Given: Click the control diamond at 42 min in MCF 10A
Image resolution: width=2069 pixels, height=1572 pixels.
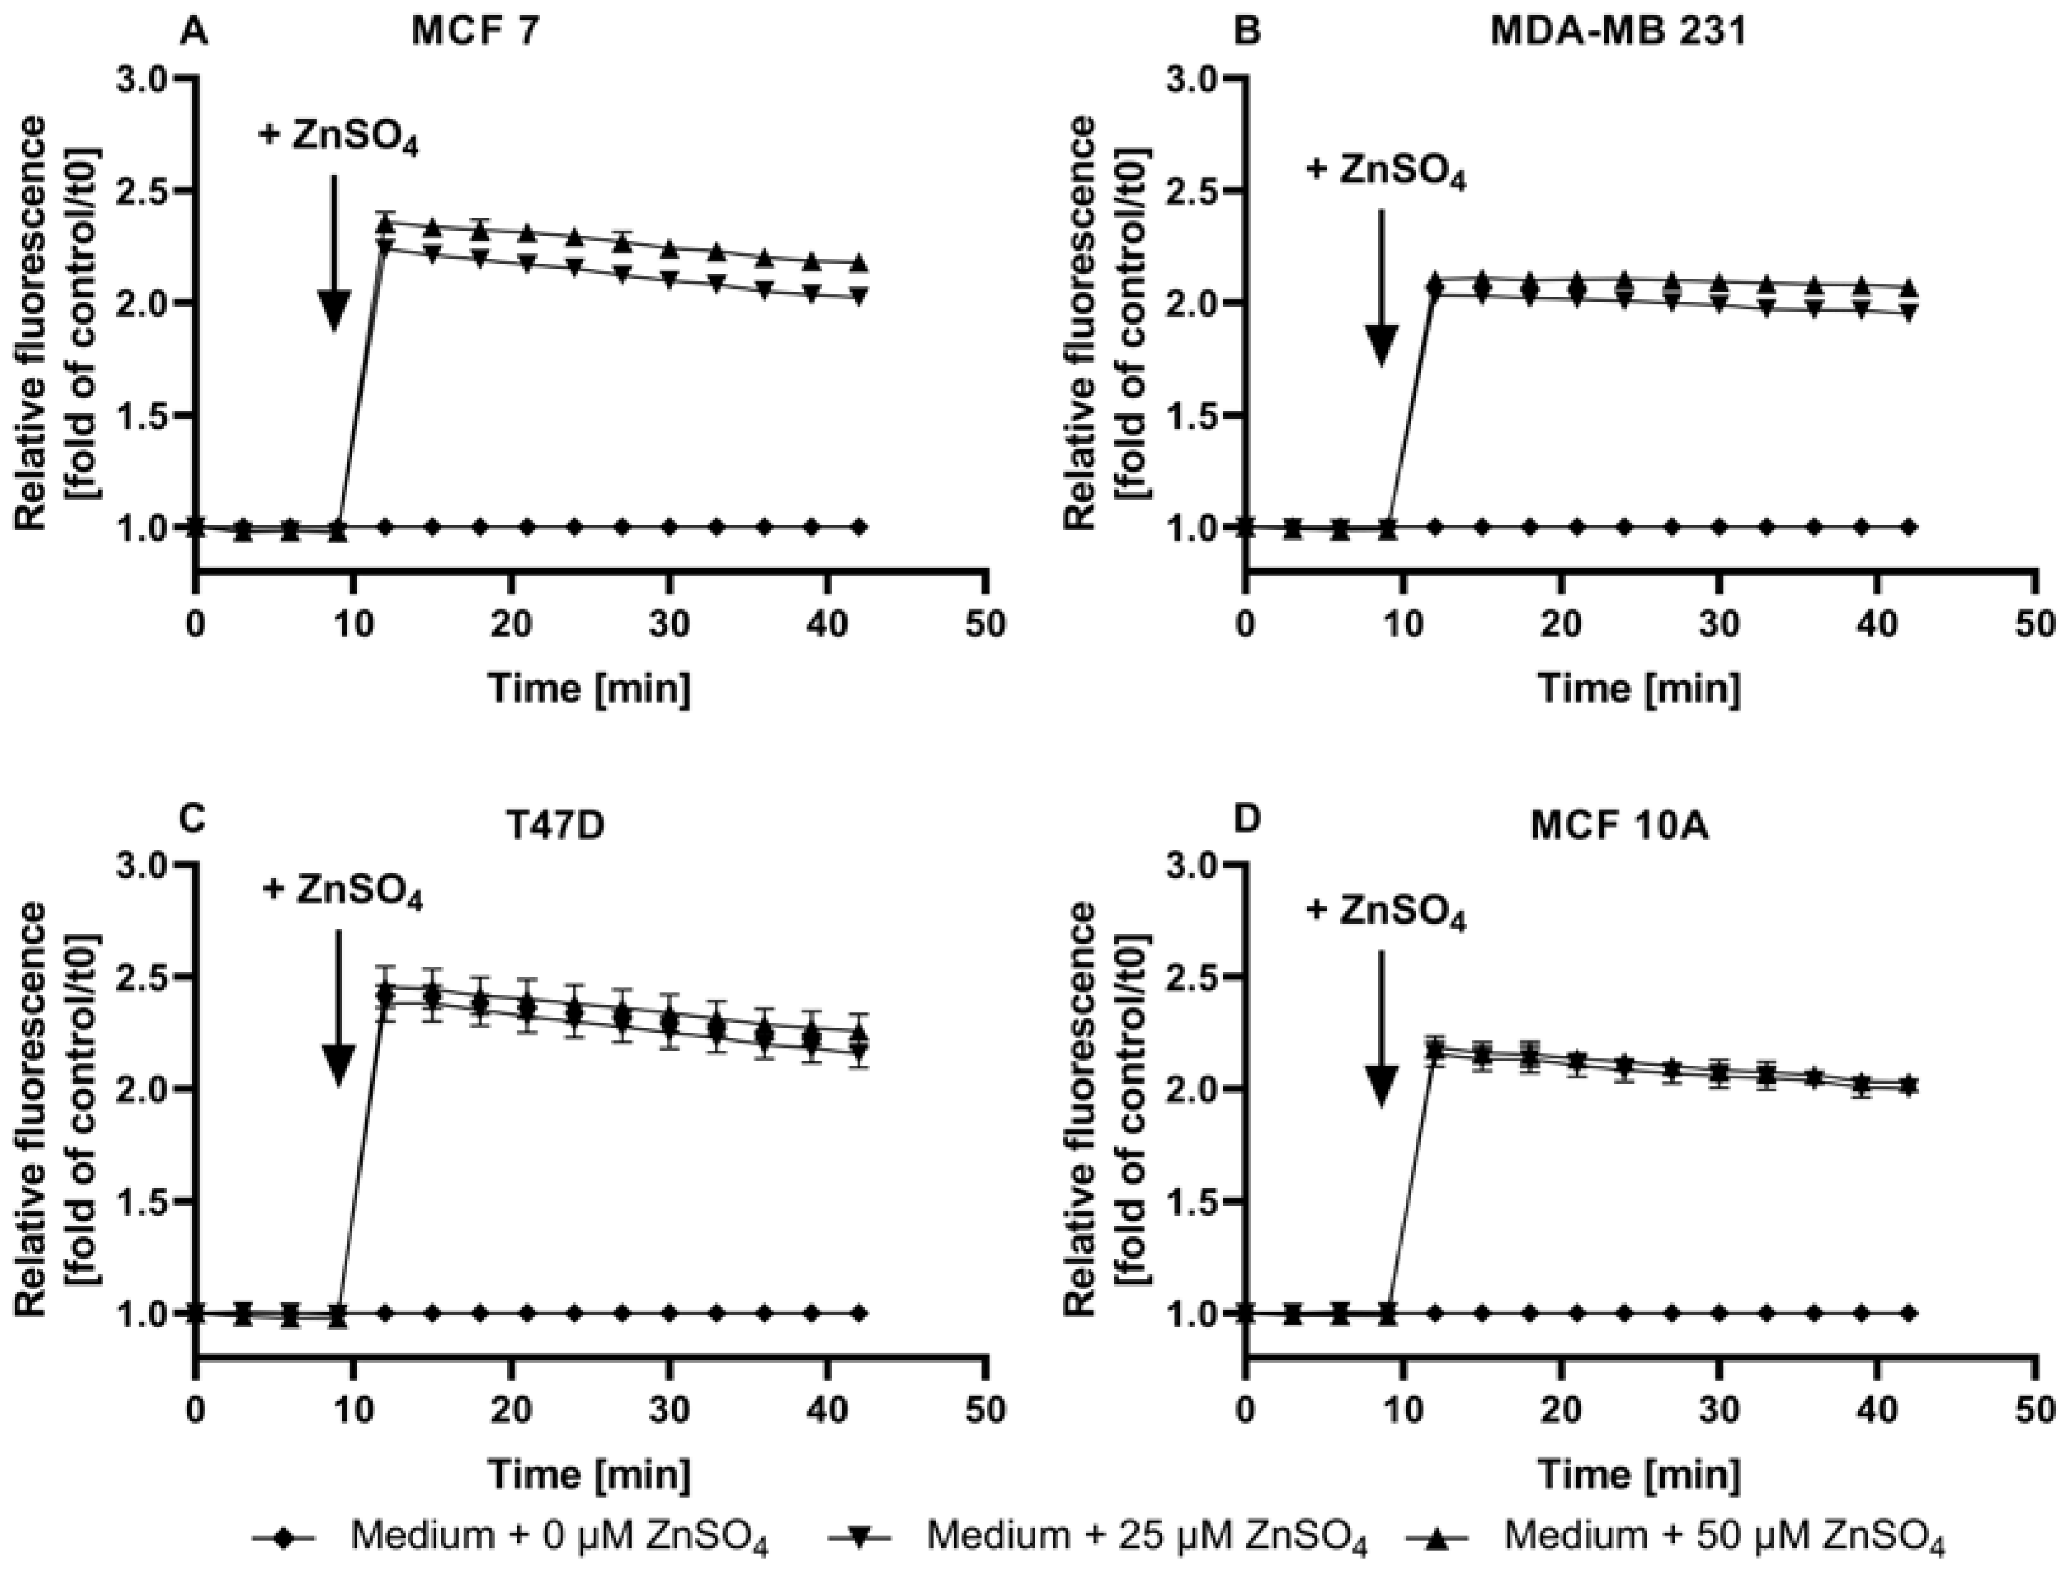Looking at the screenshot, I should coord(1909,1313).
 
